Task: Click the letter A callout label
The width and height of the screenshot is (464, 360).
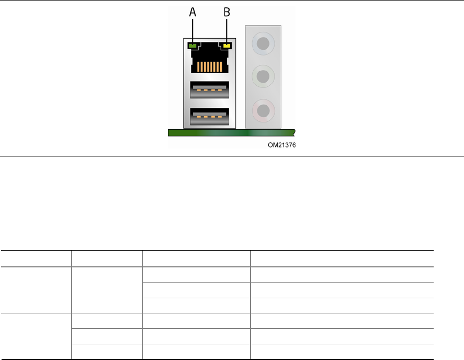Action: tap(193, 13)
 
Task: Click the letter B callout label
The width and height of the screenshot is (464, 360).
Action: tap(227, 13)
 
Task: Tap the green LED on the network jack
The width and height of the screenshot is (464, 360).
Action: tap(192, 46)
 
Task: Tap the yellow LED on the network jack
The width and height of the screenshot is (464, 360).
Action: tap(227, 46)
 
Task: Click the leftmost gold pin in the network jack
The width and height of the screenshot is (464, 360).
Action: tap(197, 66)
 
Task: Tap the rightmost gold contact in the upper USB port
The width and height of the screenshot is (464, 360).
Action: tap(220, 92)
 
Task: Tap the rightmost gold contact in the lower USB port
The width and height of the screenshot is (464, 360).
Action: tap(220, 118)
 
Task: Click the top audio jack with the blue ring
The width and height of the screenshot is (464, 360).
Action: tap(264, 41)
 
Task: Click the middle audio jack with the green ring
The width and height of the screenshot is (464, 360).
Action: tap(264, 76)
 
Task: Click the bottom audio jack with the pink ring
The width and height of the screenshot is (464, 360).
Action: tap(264, 110)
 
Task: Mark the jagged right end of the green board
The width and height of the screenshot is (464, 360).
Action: tap(295, 132)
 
